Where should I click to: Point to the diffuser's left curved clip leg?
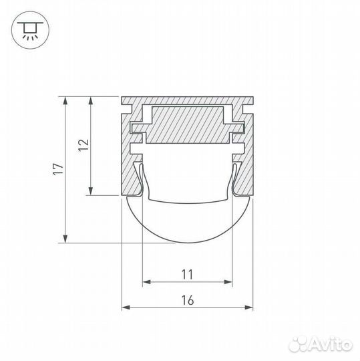[140, 180]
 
